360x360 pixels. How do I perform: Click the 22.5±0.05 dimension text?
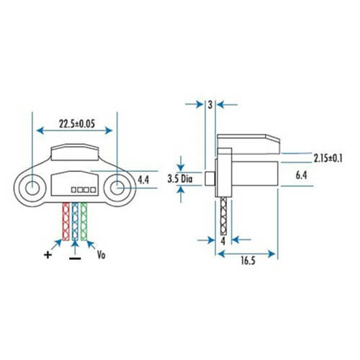(76, 125)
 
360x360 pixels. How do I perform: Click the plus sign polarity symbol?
(48, 253)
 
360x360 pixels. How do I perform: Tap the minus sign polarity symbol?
(75, 257)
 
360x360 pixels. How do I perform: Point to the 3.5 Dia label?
(179, 178)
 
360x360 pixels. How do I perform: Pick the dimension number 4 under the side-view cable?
(224, 241)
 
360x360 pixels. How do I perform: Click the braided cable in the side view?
(224, 216)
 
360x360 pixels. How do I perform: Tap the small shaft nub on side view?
(210, 178)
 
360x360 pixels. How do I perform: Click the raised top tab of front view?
(75, 150)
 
